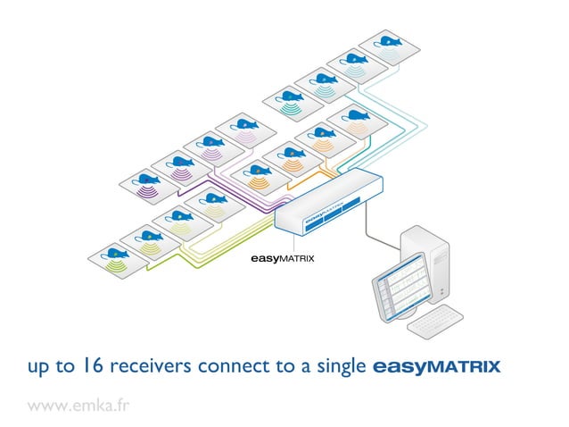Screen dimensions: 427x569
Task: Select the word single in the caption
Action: click(342, 366)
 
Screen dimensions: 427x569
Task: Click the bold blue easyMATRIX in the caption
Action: click(435, 366)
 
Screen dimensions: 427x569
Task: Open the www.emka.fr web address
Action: click(78, 405)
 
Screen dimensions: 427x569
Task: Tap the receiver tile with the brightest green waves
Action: click(116, 258)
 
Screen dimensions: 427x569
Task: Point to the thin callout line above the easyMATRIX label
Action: click(293, 243)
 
